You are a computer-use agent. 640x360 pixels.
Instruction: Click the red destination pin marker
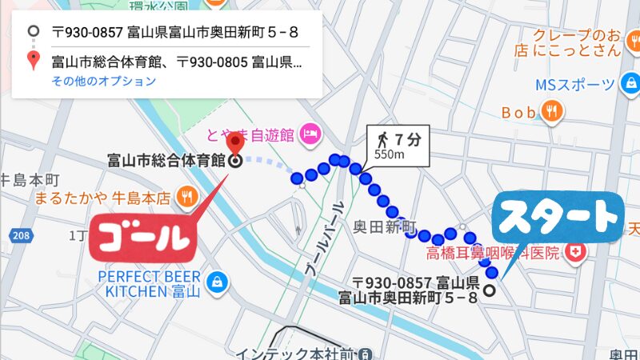point(235,144)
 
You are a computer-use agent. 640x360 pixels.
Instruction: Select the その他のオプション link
point(104,81)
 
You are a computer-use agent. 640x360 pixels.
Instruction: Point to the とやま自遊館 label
point(251,132)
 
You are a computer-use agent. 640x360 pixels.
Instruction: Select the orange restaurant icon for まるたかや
point(186,195)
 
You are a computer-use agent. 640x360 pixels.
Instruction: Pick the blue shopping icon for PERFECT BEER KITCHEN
point(216,282)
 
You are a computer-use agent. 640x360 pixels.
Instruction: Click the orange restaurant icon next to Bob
point(550,112)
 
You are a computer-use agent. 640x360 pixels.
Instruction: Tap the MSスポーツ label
point(575,84)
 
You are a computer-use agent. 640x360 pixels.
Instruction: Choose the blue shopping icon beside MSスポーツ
point(630,83)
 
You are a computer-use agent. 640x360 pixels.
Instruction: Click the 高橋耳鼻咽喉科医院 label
point(491,254)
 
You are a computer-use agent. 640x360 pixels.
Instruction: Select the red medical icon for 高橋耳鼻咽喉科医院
point(574,254)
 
